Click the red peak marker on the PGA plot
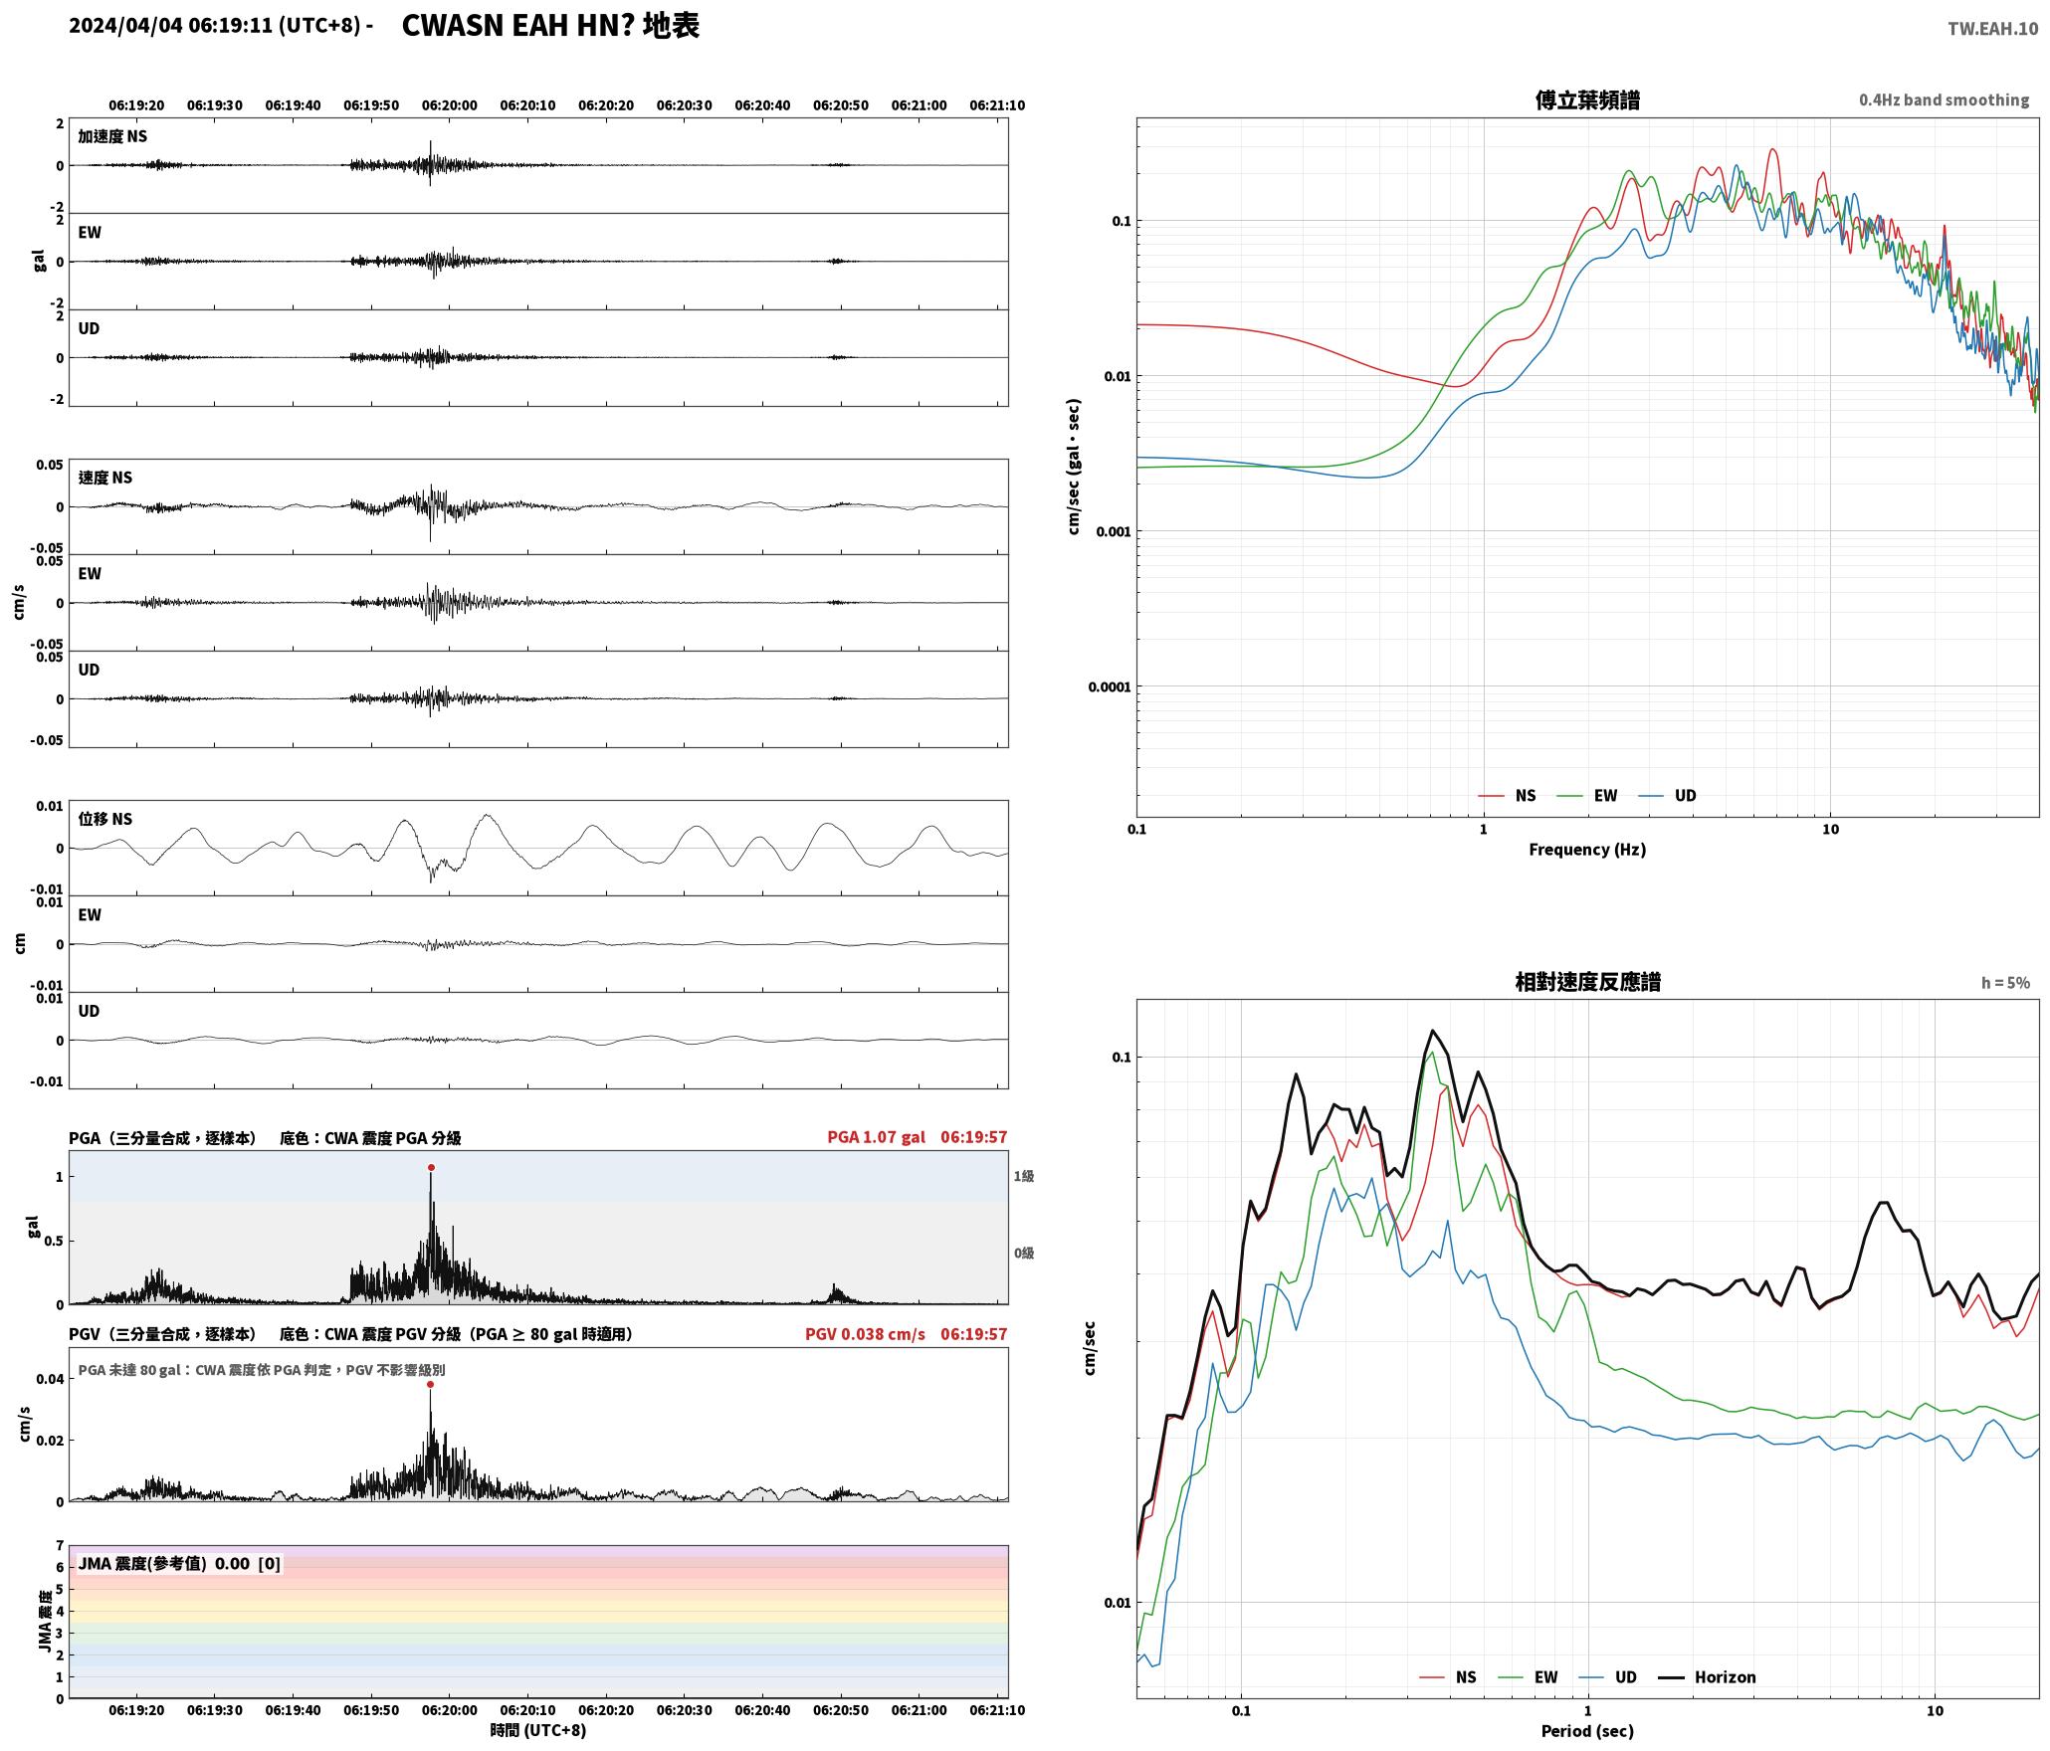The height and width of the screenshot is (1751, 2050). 431,1167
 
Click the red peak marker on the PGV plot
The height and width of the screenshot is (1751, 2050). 430,1384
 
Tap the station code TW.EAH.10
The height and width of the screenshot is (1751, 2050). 1992,29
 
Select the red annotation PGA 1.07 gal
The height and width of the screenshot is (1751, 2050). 876,1136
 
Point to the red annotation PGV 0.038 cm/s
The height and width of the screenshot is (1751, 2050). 865,1333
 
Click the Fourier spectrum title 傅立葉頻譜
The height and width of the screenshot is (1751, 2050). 1587,99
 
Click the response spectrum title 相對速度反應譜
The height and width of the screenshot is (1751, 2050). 1587,981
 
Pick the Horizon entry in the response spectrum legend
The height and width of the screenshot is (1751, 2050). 1706,1676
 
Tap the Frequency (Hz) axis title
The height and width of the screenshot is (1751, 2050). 1587,849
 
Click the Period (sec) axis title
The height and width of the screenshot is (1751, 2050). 1587,1730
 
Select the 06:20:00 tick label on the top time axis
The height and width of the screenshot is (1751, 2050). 449,104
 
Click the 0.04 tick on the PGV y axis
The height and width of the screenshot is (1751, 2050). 51,1378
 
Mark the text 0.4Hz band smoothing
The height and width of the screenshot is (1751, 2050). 1944,99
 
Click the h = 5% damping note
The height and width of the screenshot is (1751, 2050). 2004,982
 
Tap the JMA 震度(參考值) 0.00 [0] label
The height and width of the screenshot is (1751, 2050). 179,1563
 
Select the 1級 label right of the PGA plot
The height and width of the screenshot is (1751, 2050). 1024,1176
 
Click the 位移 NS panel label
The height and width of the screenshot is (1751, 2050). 105,819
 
